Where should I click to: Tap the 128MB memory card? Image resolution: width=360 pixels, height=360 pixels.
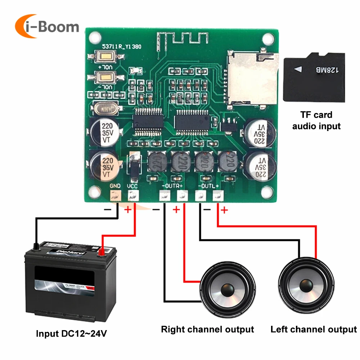pos(314,77)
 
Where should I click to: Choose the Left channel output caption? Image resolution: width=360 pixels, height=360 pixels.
pos(313,329)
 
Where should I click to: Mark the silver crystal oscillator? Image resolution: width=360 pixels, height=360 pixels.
pos(105,108)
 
